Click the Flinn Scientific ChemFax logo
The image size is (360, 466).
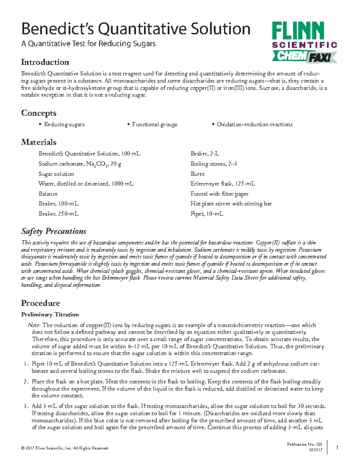(304, 42)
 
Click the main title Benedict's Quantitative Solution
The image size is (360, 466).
(136, 29)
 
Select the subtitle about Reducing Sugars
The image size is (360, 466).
(88, 44)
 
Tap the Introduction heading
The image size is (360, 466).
(45, 62)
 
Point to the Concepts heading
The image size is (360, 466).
(39, 113)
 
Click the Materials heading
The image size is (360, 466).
(39, 142)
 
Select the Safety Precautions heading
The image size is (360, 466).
(54, 231)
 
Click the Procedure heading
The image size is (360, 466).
(40, 303)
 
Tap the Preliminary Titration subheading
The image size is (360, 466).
(50, 314)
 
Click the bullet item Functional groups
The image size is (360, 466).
(154, 125)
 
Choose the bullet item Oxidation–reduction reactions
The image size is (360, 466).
(254, 125)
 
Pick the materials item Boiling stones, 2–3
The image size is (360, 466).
(214, 164)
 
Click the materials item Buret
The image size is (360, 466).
(197, 174)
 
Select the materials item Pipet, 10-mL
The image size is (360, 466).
(207, 214)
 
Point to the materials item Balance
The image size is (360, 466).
(48, 194)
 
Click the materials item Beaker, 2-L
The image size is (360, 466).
(205, 154)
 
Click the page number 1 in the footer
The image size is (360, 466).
(337, 448)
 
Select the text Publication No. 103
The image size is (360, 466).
(304, 444)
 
